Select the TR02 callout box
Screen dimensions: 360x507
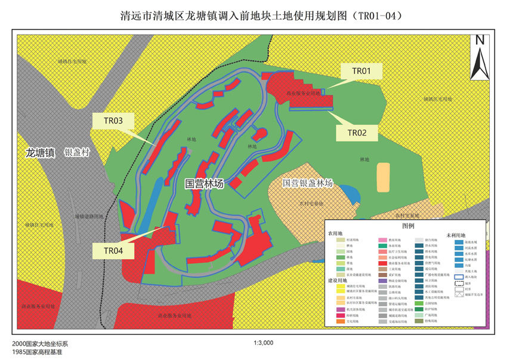(x=357, y=133)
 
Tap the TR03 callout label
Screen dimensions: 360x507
(x=113, y=121)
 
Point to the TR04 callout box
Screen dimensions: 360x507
(x=113, y=251)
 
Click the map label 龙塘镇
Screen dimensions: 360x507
(x=40, y=153)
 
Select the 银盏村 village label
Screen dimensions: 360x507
(x=76, y=153)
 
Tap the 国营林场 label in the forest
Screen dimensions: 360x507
(x=204, y=184)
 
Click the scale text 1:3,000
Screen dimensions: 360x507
(x=263, y=343)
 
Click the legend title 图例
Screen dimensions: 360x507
(x=408, y=226)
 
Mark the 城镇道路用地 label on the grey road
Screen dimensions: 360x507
(x=89, y=217)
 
